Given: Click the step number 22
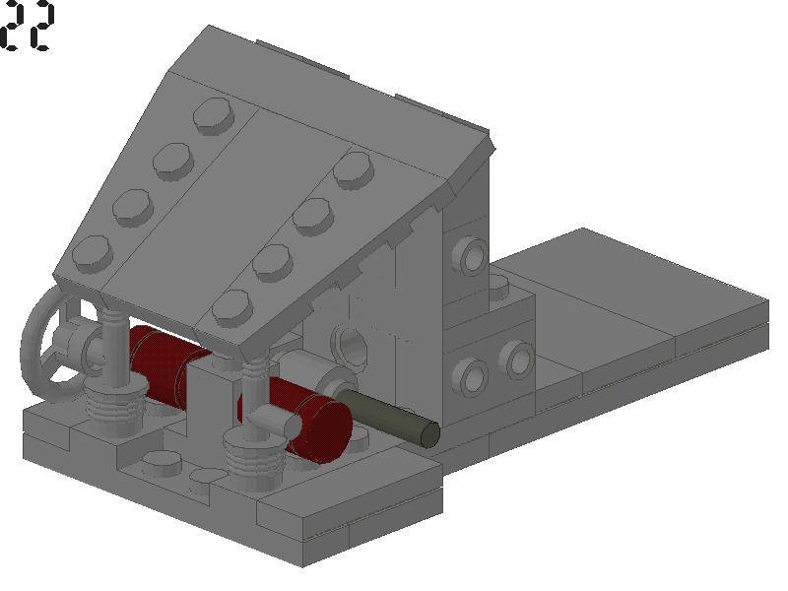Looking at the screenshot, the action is [27, 27].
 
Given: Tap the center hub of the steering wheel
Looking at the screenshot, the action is [76, 342].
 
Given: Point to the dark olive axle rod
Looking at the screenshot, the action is [388, 418].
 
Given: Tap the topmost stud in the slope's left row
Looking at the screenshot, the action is [214, 115].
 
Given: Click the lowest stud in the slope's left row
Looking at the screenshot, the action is [93, 254].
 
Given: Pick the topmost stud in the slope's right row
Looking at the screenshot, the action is [354, 169].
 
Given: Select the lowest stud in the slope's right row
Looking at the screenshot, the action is [232, 308].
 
